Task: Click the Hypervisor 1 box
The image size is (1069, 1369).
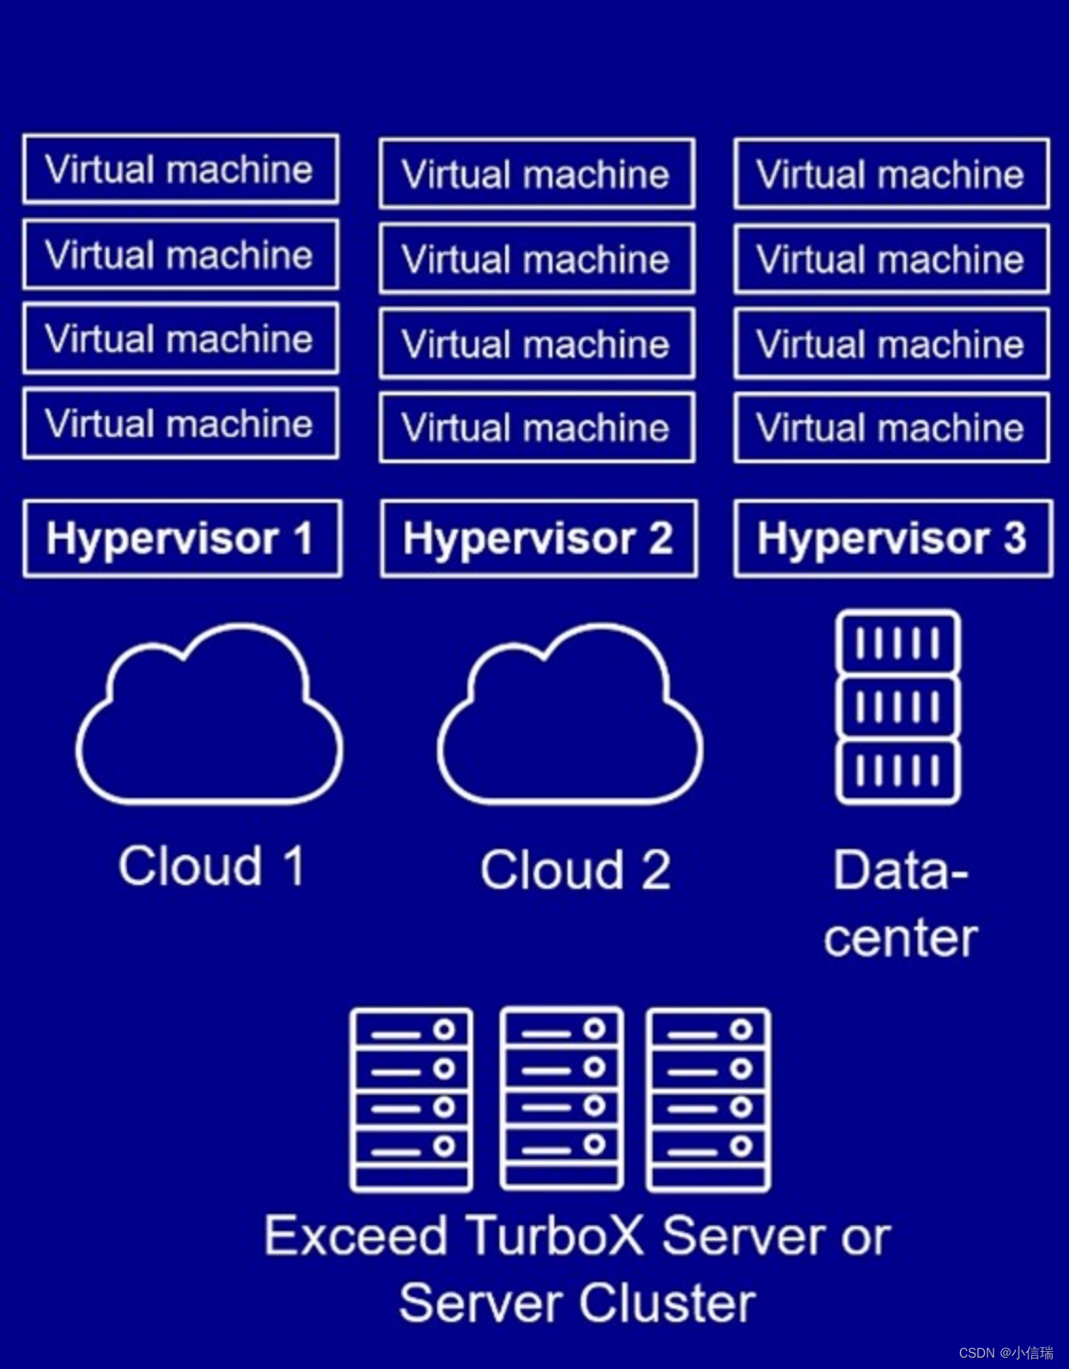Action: pos(182,539)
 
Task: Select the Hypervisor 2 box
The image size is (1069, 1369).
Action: pos(538,539)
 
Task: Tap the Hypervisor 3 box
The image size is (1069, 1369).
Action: pos(892,539)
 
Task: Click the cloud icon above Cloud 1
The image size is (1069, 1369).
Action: pos(209,719)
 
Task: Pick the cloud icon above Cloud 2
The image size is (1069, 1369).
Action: pos(570,719)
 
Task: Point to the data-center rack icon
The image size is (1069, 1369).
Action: pos(898,707)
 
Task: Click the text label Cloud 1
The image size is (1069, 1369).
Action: pos(212,866)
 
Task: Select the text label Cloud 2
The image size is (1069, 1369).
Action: pos(575,870)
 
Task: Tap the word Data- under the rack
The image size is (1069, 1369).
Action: pos(900,870)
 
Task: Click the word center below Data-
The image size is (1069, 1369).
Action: pos(900,938)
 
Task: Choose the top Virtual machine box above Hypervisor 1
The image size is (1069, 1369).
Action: pos(180,169)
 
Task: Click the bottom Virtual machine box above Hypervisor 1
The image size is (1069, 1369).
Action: pos(180,424)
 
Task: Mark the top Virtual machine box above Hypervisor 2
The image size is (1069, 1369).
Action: pos(536,174)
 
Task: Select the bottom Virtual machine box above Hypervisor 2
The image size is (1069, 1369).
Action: pos(536,428)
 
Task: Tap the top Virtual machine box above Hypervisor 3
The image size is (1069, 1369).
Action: pos(891,174)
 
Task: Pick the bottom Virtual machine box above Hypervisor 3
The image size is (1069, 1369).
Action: pos(891,428)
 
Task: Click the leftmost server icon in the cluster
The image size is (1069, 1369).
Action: pos(412,1100)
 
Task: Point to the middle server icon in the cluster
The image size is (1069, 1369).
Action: pos(562,1099)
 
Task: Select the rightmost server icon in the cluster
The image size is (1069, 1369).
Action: pos(709,1100)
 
